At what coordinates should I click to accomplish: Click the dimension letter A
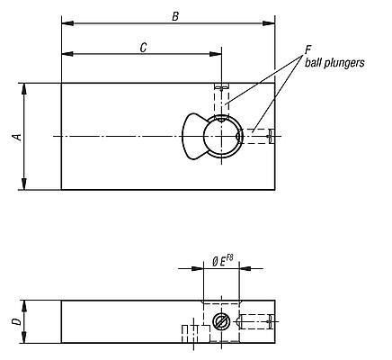click(14, 137)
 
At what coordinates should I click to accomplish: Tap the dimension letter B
click(175, 15)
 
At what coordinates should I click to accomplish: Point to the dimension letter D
click(14, 321)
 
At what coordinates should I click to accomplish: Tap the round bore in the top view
click(221, 137)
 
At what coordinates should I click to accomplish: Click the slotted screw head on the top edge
click(221, 86)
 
